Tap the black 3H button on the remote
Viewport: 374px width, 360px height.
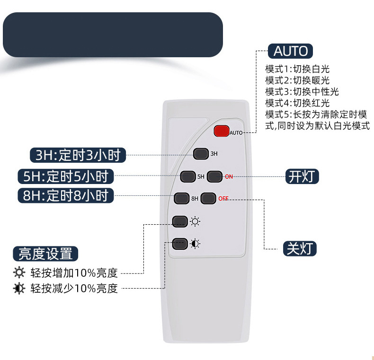point(201,154)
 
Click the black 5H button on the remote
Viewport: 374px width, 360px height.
point(188,176)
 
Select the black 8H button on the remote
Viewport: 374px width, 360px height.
point(181,199)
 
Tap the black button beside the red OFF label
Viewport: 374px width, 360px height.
point(208,199)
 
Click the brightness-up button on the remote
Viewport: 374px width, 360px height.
point(180,221)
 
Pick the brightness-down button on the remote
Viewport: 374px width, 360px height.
point(180,244)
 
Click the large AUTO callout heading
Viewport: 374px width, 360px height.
point(290,51)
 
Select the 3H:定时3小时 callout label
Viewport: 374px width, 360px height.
point(78,155)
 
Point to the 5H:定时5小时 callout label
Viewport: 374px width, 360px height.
point(66,176)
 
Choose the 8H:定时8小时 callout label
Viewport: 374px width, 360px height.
point(66,195)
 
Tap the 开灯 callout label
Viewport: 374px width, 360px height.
point(302,176)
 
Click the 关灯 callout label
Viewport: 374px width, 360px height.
point(300,249)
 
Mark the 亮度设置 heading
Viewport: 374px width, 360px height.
point(45,254)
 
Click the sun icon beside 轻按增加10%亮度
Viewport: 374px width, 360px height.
point(19,273)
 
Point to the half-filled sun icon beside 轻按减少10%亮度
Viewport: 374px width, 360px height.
point(19,289)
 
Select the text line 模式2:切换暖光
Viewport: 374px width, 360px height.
point(297,80)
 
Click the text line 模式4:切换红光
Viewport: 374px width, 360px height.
point(297,103)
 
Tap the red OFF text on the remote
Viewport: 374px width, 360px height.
point(223,199)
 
